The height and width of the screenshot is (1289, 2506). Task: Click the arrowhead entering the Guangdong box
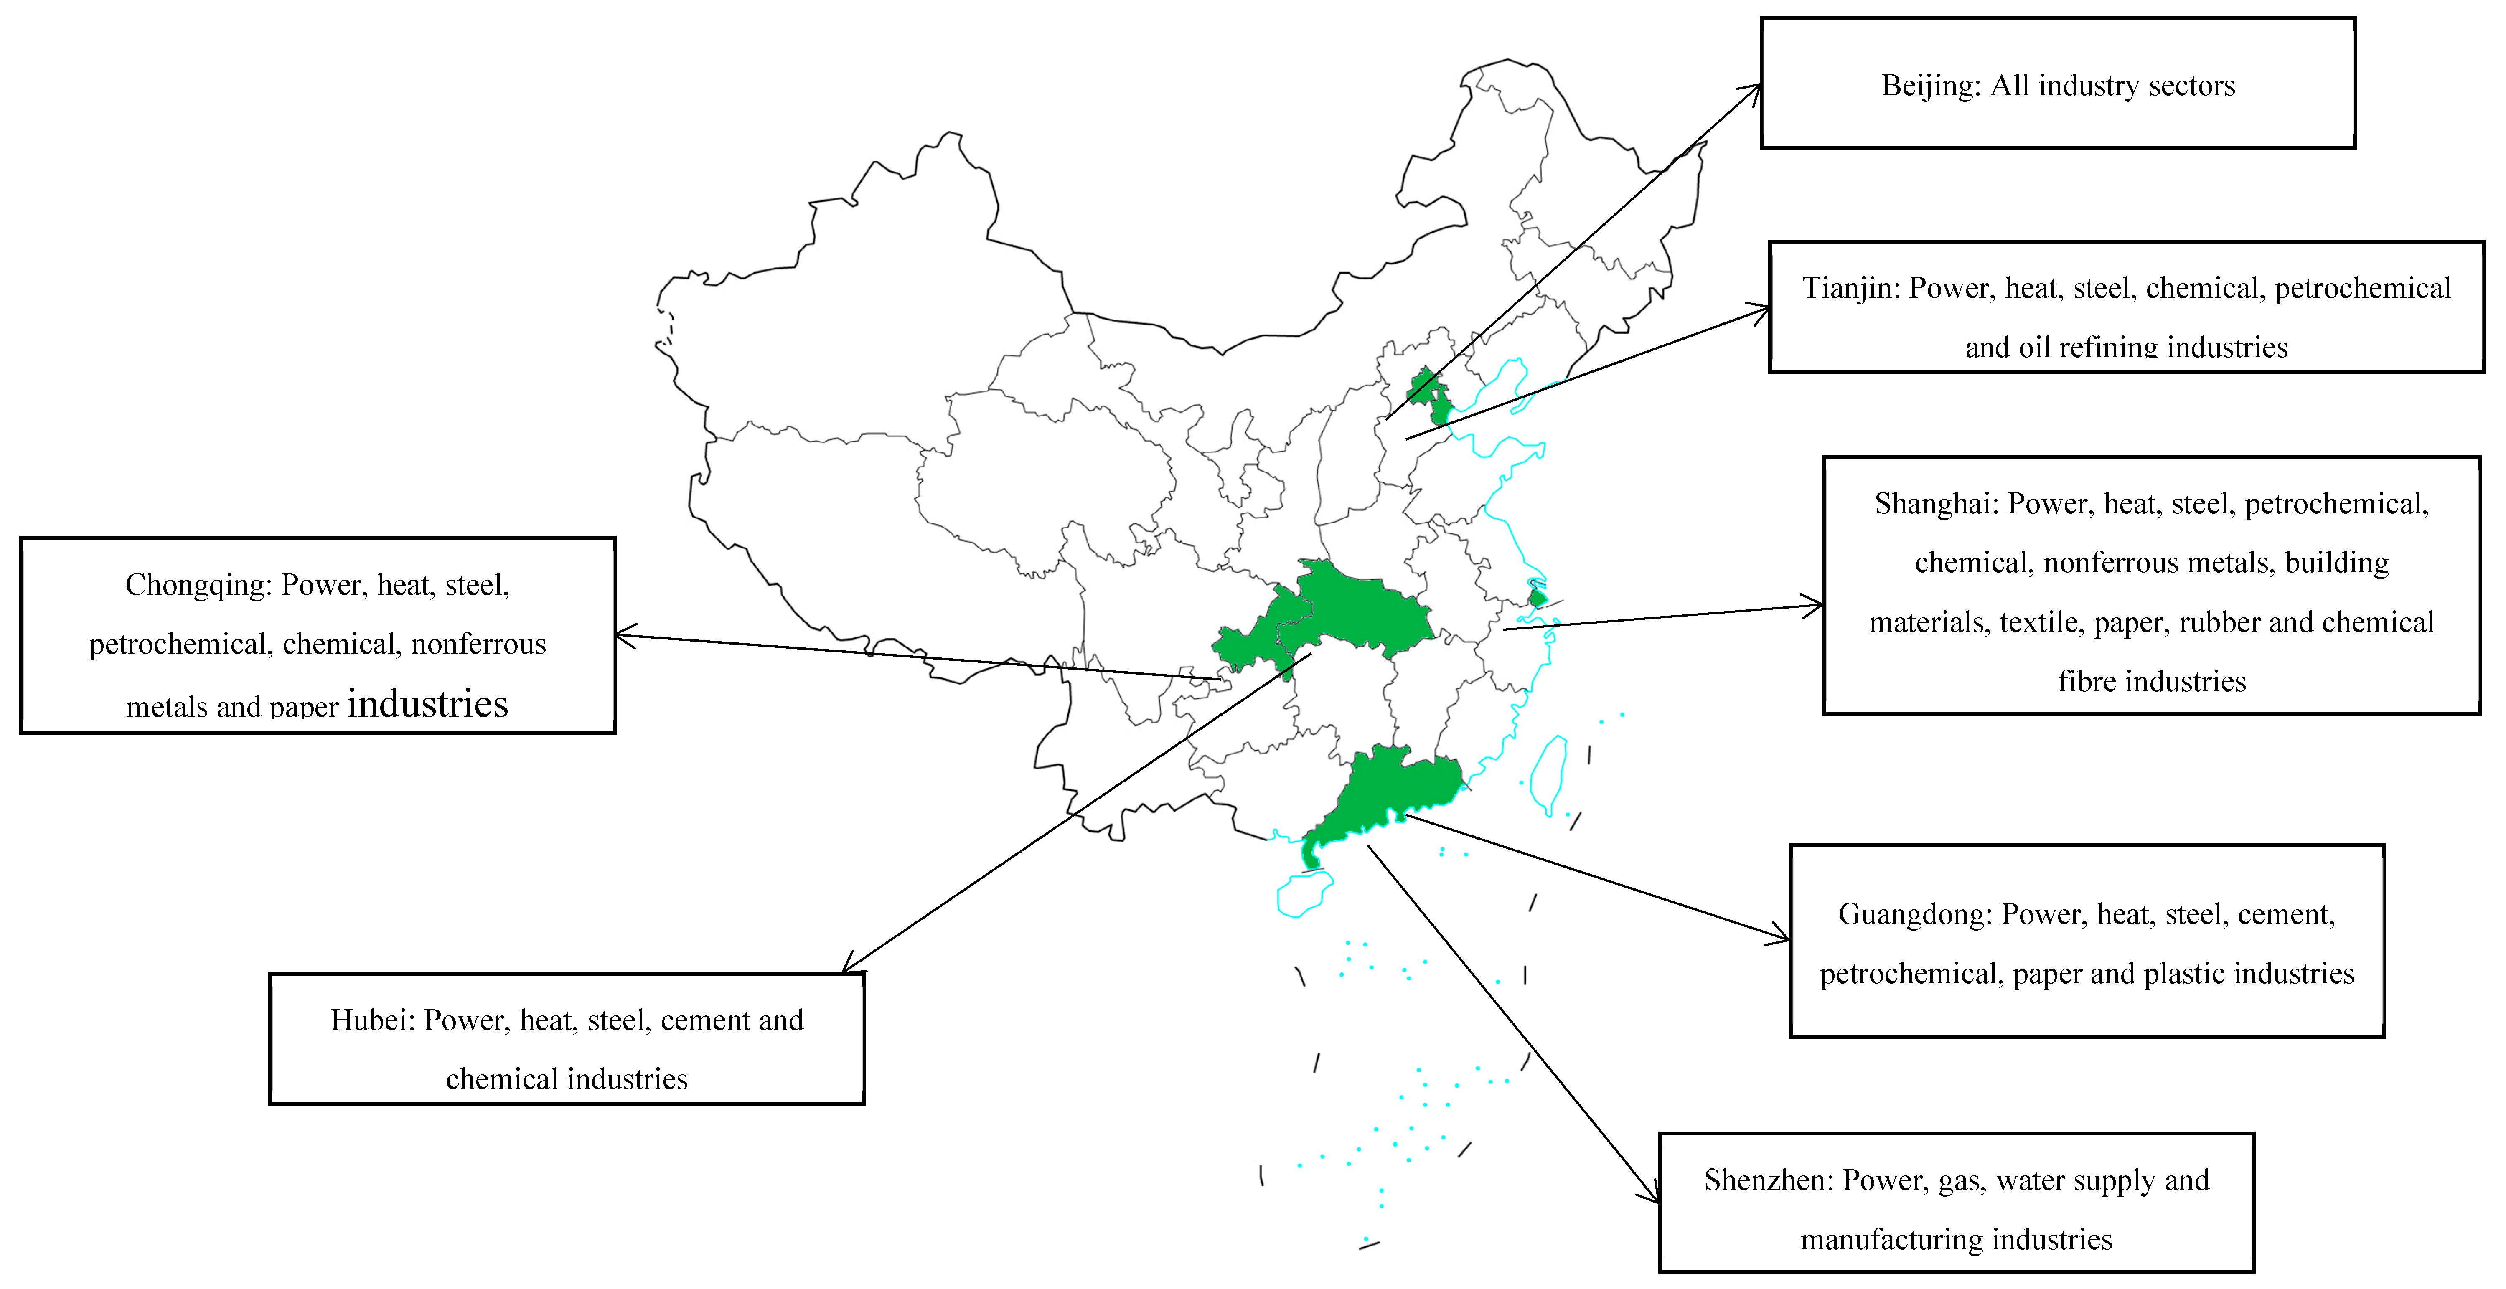tap(1782, 938)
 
